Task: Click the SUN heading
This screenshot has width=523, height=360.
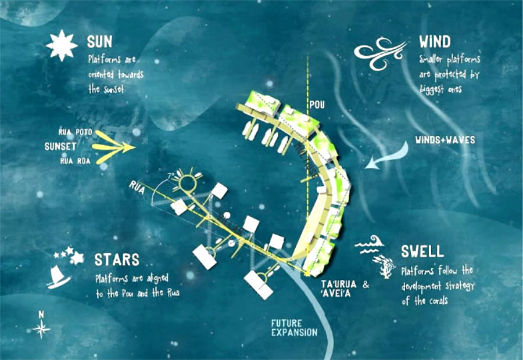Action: pos(99,42)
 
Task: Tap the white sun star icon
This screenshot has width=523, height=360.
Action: pos(62,46)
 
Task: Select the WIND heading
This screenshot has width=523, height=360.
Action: pos(434,42)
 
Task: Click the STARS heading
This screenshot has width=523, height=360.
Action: pos(117,259)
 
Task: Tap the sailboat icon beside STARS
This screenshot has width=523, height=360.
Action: pos(59,275)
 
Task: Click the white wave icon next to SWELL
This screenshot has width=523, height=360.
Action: pos(368,245)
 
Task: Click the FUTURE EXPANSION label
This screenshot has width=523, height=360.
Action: pos(295,327)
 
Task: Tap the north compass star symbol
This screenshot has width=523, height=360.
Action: pos(41,329)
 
